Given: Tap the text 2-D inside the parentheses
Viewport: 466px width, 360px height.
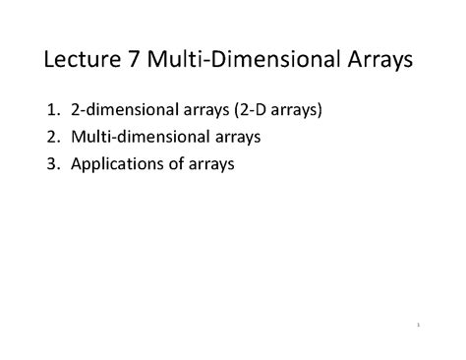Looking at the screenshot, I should tap(272, 111).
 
